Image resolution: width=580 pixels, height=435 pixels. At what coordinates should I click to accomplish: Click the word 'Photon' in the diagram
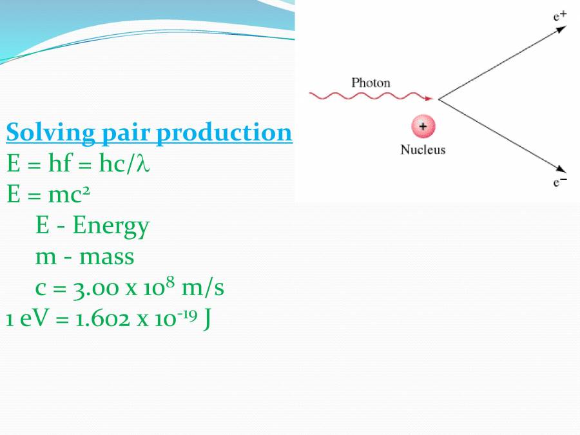tap(371, 82)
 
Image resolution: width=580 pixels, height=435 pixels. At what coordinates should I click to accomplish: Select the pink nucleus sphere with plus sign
tap(423, 127)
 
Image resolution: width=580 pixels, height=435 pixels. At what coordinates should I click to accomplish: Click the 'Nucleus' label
tap(423, 150)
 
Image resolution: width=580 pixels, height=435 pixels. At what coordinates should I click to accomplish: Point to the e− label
tap(559, 183)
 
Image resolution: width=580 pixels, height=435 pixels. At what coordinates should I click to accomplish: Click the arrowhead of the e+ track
tap(562, 29)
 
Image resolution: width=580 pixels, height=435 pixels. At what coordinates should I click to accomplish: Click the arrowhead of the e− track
tap(562, 169)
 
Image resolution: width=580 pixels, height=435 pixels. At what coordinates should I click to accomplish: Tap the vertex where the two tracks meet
tap(439, 99)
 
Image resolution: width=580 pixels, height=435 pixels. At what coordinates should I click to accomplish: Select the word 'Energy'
tap(111, 226)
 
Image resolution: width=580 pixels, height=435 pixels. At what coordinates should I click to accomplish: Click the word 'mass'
tap(106, 256)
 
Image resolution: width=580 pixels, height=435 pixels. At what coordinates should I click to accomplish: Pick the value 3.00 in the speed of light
tap(94, 288)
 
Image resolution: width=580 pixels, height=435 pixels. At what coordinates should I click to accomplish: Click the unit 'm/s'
tap(202, 287)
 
